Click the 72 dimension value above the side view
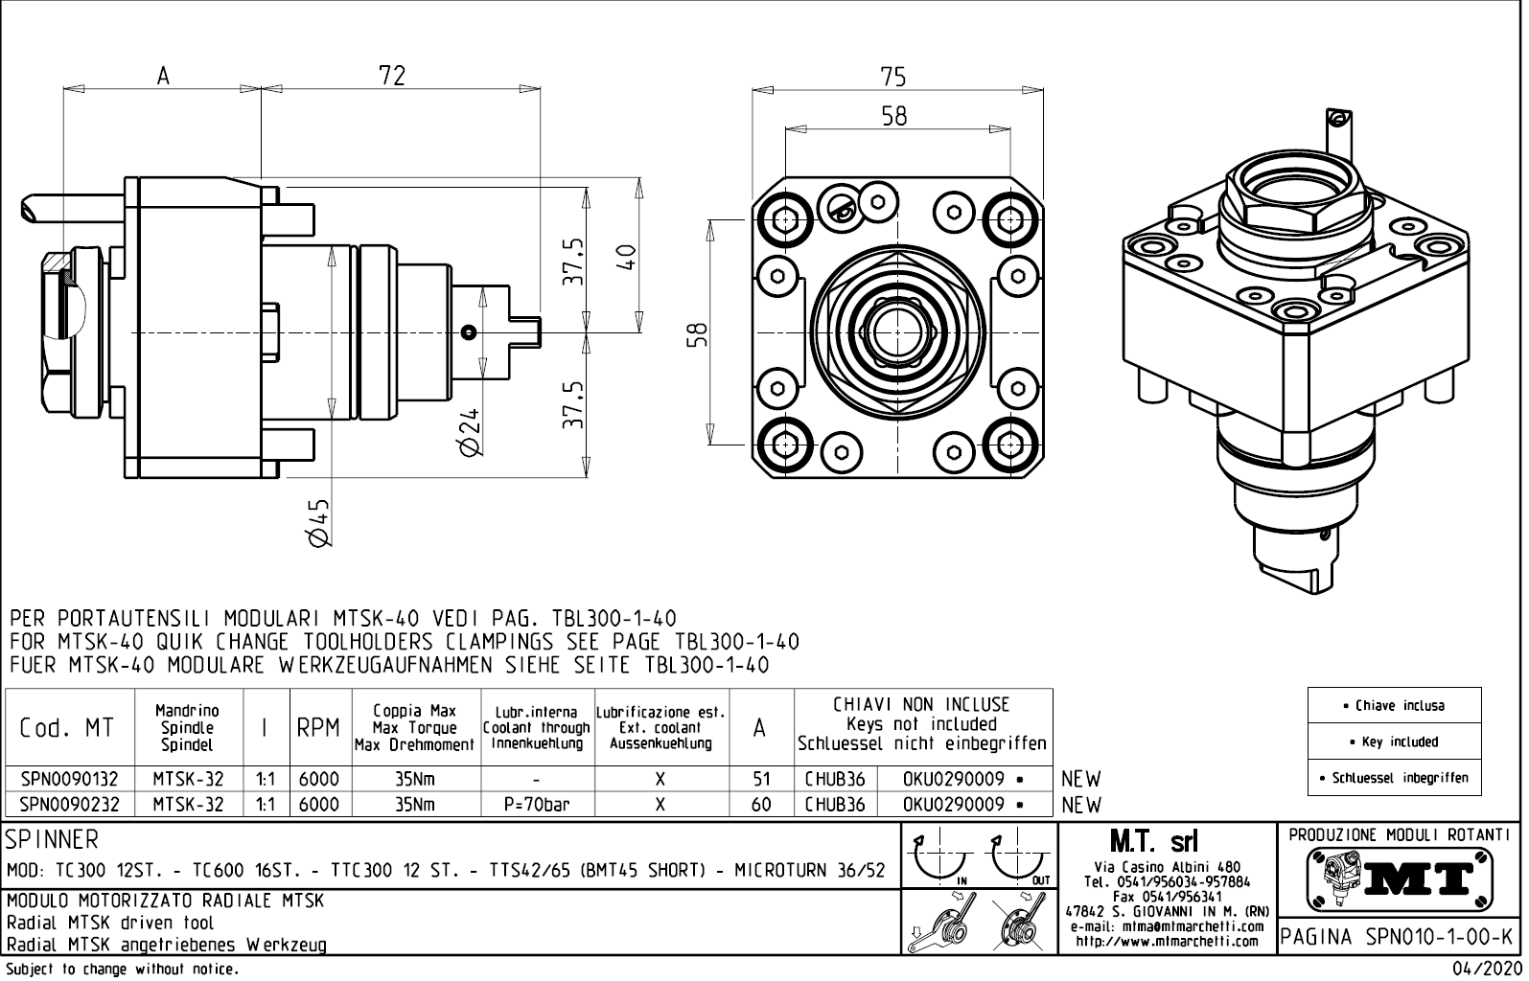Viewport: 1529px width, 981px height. tap(392, 75)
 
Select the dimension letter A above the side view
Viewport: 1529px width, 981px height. tap(163, 76)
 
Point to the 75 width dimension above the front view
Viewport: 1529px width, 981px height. tap(892, 77)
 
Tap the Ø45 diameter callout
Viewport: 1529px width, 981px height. tap(319, 523)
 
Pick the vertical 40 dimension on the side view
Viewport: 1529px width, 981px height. tap(626, 256)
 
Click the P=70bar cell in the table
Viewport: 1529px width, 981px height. tap(537, 805)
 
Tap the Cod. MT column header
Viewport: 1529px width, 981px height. tap(67, 728)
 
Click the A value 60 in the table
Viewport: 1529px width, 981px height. tap(760, 805)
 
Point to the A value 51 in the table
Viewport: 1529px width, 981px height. tap(760, 779)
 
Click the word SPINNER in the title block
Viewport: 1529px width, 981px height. tap(52, 840)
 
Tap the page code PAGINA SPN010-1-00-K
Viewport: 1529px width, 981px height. tap(1400, 936)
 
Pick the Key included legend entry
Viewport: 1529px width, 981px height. tap(1395, 741)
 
